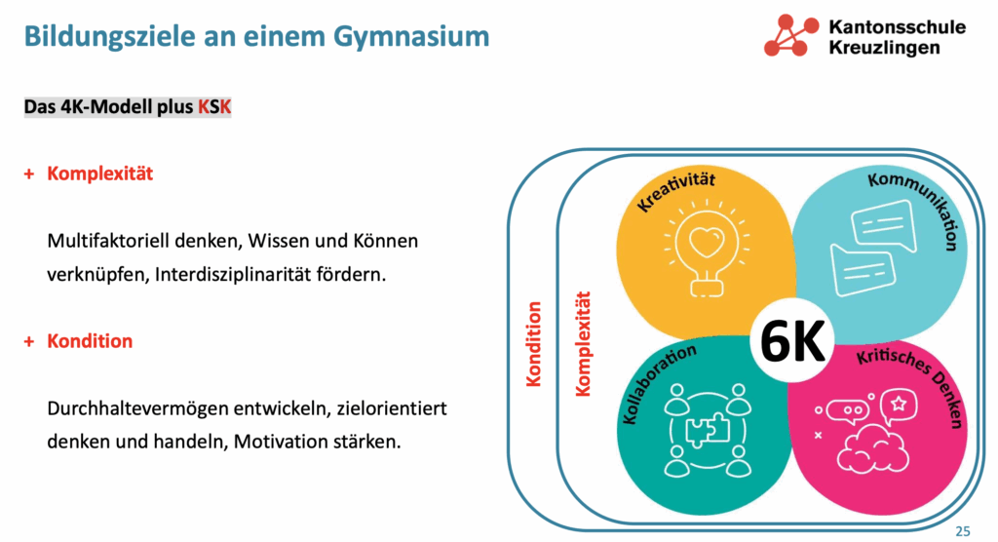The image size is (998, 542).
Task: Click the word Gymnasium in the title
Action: (x=411, y=36)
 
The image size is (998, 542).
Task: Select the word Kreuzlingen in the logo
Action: (x=884, y=48)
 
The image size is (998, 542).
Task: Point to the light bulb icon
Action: (x=707, y=249)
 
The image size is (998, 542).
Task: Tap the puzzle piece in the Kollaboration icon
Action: (x=708, y=429)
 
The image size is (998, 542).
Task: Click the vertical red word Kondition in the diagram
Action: (x=533, y=344)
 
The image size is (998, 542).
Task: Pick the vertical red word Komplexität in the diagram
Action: (x=583, y=344)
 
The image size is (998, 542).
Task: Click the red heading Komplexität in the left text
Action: (x=100, y=174)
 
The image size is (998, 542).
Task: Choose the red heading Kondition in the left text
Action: (x=90, y=341)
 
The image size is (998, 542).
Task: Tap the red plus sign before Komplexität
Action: (x=28, y=174)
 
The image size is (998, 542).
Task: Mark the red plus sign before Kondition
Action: (x=28, y=342)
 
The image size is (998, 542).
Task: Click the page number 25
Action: (x=963, y=531)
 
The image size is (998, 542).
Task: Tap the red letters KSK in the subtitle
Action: (x=214, y=107)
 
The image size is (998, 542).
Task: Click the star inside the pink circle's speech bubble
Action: (x=898, y=404)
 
